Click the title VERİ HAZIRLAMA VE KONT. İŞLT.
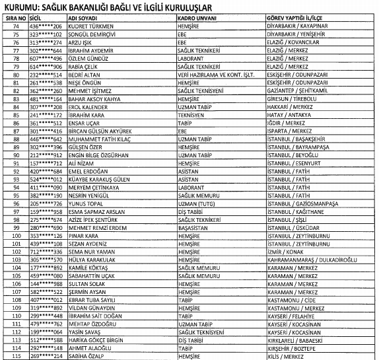point(213,75)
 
